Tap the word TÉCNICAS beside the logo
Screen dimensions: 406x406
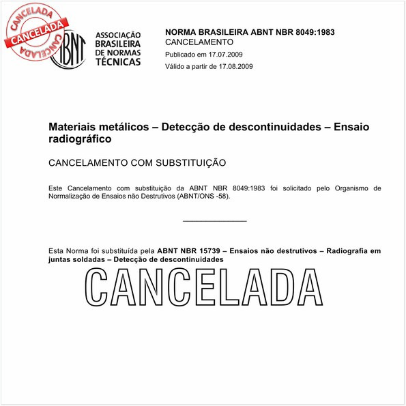[x=117, y=61]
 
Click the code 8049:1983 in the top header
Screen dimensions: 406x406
[x=311, y=32]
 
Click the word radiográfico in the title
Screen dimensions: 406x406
[x=79, y=139]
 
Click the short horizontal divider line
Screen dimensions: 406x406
[x=215, y=221]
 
